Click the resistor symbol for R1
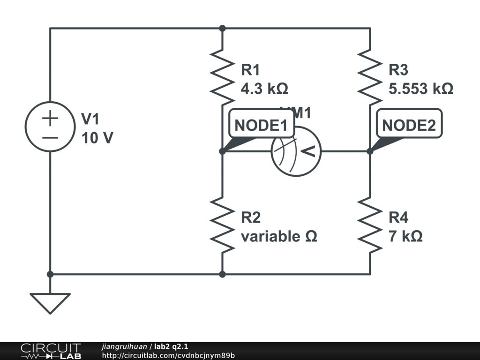(x=223, y=77)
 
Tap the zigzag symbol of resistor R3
(x=370, y=77)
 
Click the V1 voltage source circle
(x=50, y=127)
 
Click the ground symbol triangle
(x=50, y=302)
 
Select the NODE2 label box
(x=409, y=125)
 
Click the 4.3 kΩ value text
(x=264, y=89)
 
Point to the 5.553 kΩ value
(x=421, y=89)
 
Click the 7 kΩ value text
(x=405, y=236)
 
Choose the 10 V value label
(x=97, y=138)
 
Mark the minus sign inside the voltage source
(x=50, y=138)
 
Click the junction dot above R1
(x=223, y=28)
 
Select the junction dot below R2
(x=223, y=274)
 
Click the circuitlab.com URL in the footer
(x=168, y=355)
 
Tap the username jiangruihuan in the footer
(x=124, y=346)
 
